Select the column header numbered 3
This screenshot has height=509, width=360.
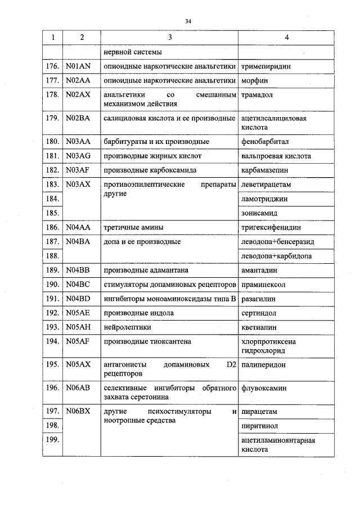coord(169,37)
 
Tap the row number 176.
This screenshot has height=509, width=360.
coord(52,66)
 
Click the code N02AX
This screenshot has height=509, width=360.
coord(78,95)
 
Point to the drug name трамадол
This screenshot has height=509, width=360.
coord(256,95)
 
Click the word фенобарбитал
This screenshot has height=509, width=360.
coord(264,141)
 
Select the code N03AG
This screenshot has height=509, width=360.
coord(78,156)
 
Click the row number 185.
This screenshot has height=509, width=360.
coord(52,213)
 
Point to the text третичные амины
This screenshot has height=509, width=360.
coord(134,228)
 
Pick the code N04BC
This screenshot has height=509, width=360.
coord(78,284)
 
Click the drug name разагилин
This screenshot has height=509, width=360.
coord(258,299)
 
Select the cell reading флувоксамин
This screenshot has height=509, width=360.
coord(264,388)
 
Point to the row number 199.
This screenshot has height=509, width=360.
coord(52,440)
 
